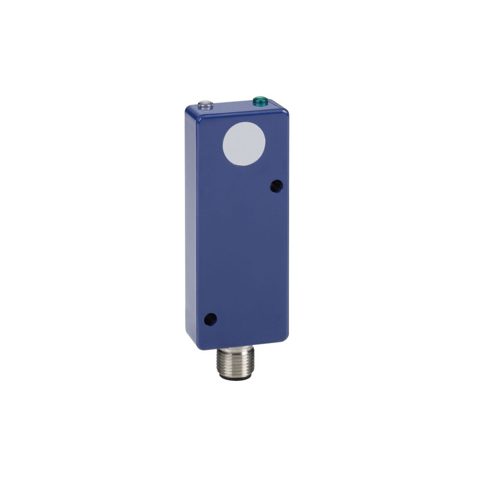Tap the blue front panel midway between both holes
point(242,253)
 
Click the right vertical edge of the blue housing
point(287,228)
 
